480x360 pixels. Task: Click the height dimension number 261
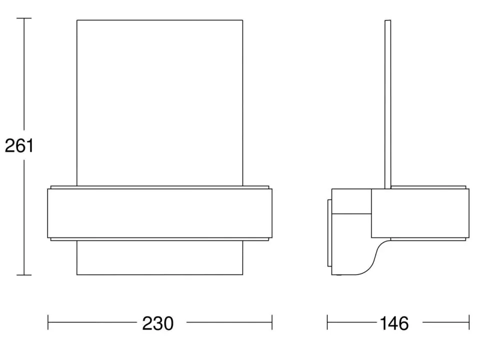coord(19,146)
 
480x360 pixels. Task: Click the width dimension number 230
coord(158,323)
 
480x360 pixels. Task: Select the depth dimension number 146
coord(393,323)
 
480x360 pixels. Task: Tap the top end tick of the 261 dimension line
coord(24,18)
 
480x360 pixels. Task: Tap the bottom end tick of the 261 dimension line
coord(24,275)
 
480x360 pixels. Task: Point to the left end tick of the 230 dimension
coord(48,322)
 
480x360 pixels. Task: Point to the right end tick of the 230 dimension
coord(272,322)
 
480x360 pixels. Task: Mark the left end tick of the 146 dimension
coord(327,322)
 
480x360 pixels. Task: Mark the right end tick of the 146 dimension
coord(469,322)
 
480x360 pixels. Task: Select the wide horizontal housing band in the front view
coord(160,213)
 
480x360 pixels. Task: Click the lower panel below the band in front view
coord(159,258)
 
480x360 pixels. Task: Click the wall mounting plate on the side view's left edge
coord(329,235)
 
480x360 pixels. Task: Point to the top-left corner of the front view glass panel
coord(77,20)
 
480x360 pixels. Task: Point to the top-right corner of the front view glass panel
coord(242,20)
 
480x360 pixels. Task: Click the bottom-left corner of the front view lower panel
coord(77,274)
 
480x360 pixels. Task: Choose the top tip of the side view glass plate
coord(387,20)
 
